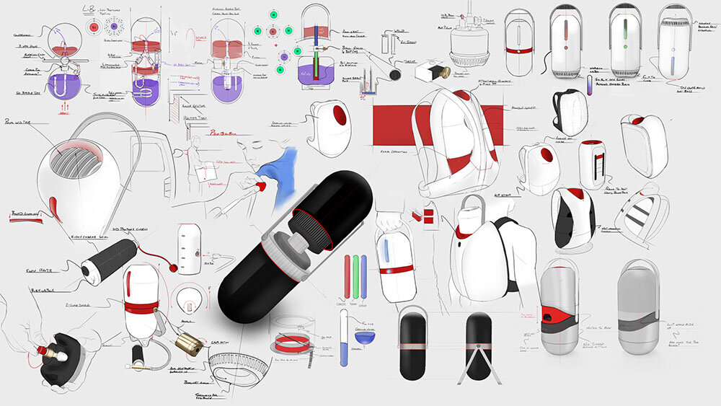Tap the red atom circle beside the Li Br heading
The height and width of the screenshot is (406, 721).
click(x=94, y=27)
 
